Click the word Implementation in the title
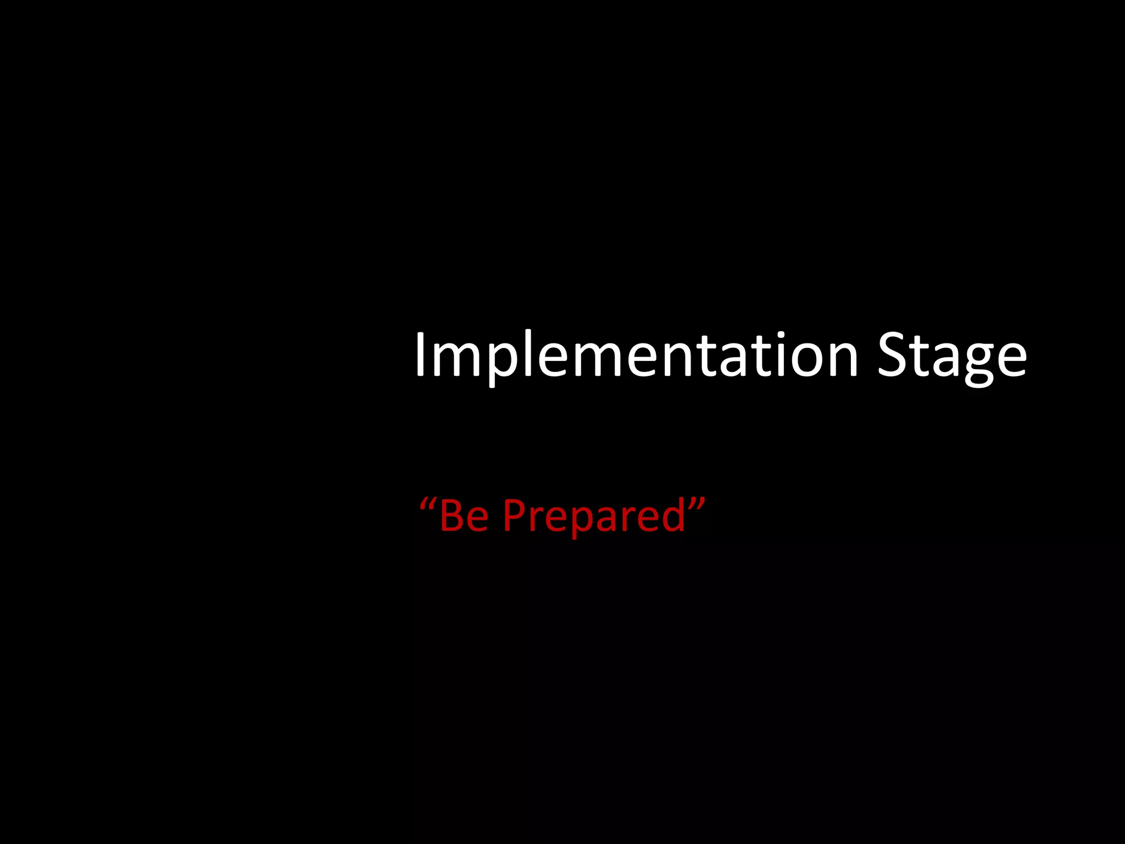(636, 356)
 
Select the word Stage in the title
(952, 356)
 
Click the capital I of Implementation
(420, 356)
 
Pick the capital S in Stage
(893, 356)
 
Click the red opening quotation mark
(427, 503)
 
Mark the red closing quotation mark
(697, 503)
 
